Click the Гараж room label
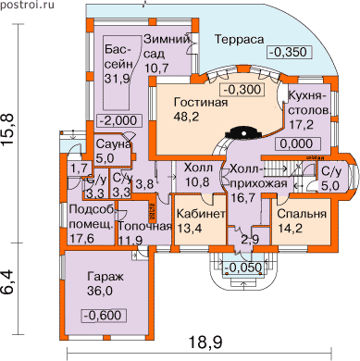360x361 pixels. (x=106, y=276)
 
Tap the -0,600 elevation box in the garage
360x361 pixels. (x=104, y=316)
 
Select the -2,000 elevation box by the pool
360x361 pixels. (x=119, y=120)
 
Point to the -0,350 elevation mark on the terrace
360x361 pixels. (x=289, y=52)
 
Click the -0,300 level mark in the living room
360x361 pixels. (x=242, y=90)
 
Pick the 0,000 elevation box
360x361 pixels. (x=298, y=143)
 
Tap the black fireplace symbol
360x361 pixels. (x=244, y=133)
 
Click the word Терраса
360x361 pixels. (x=240, y=40)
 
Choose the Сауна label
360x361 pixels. (x=114, y=144)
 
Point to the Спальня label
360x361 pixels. (x=302, y=214)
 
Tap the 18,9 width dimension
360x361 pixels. (x=205, y=342)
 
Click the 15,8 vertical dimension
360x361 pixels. (x=8, y=131)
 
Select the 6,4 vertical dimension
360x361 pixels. (x=8, y=282)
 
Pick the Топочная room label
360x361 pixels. (x=145, y=226)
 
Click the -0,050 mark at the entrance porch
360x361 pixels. (x=243, y=268)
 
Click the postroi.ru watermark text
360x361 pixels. (x=27, y=6)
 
